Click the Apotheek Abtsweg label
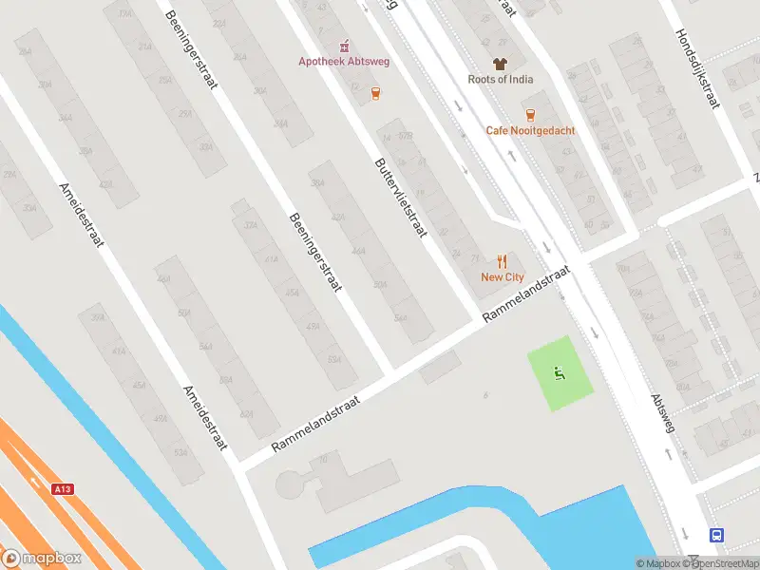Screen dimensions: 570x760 345,63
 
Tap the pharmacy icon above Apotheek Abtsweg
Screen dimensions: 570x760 345,46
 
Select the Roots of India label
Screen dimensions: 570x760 500,80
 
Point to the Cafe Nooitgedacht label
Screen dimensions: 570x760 530,130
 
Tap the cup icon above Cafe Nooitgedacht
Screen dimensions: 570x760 529,114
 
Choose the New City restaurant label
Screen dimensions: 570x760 502,277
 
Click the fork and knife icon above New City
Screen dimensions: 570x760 502,260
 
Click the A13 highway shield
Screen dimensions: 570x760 63,488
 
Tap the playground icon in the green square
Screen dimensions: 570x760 560,373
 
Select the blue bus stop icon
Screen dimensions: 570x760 716,535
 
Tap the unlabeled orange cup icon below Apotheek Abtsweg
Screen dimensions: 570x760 377,93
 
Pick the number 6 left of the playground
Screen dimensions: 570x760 484,394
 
